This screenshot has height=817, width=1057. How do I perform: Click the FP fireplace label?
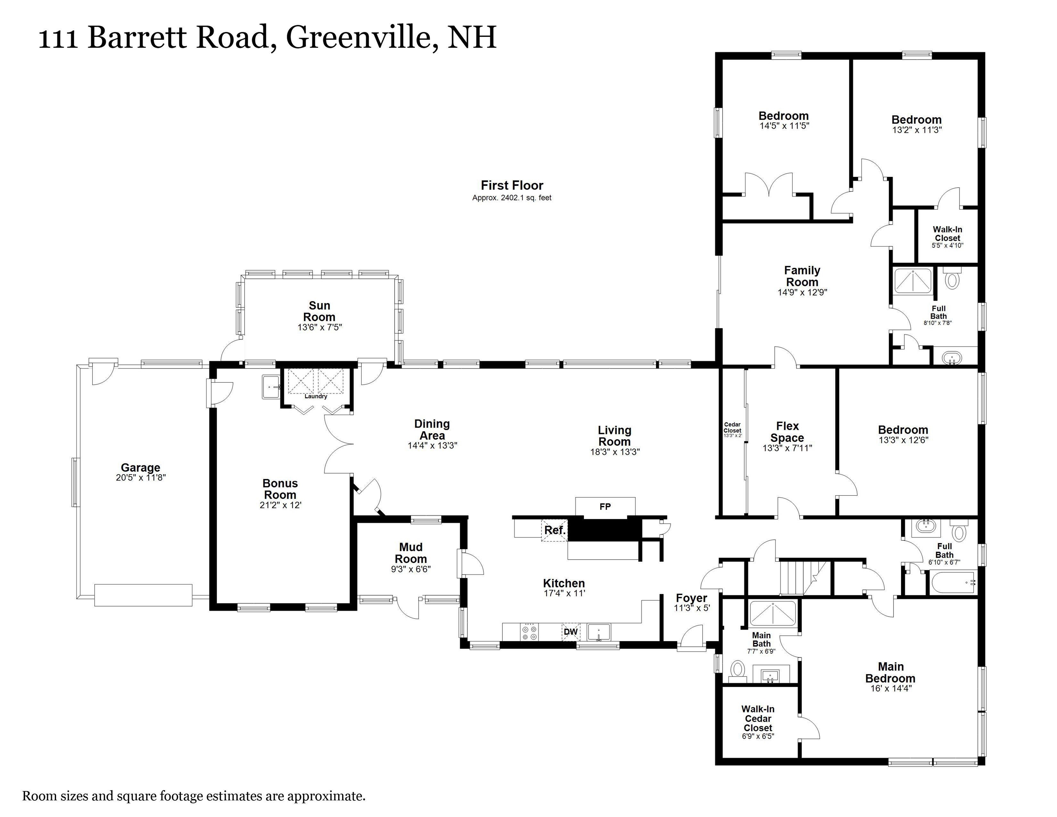[x=605, y=506]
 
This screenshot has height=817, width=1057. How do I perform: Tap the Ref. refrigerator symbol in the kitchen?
[x=555, y=530]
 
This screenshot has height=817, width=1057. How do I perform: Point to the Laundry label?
[x=316, y=396]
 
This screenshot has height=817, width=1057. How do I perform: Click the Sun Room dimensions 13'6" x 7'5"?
[x=319, y=327]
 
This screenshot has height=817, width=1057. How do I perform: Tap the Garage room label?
[x=140, y=468]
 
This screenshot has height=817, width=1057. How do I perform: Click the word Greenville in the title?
[x=358, y=37]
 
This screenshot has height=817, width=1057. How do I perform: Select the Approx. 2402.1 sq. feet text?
[x=512, y=198]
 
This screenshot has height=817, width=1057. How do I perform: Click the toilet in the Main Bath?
[x=738, y=670]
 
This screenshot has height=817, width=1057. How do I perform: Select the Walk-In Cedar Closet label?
[x=758, y=718]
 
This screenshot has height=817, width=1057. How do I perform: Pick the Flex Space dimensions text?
[x=787, y=448]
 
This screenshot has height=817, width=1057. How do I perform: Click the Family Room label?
[x=802, y=276]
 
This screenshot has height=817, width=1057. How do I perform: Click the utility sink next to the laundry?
[x=272, y=387]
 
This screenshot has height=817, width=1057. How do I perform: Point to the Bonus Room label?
[x=280, y=489]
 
